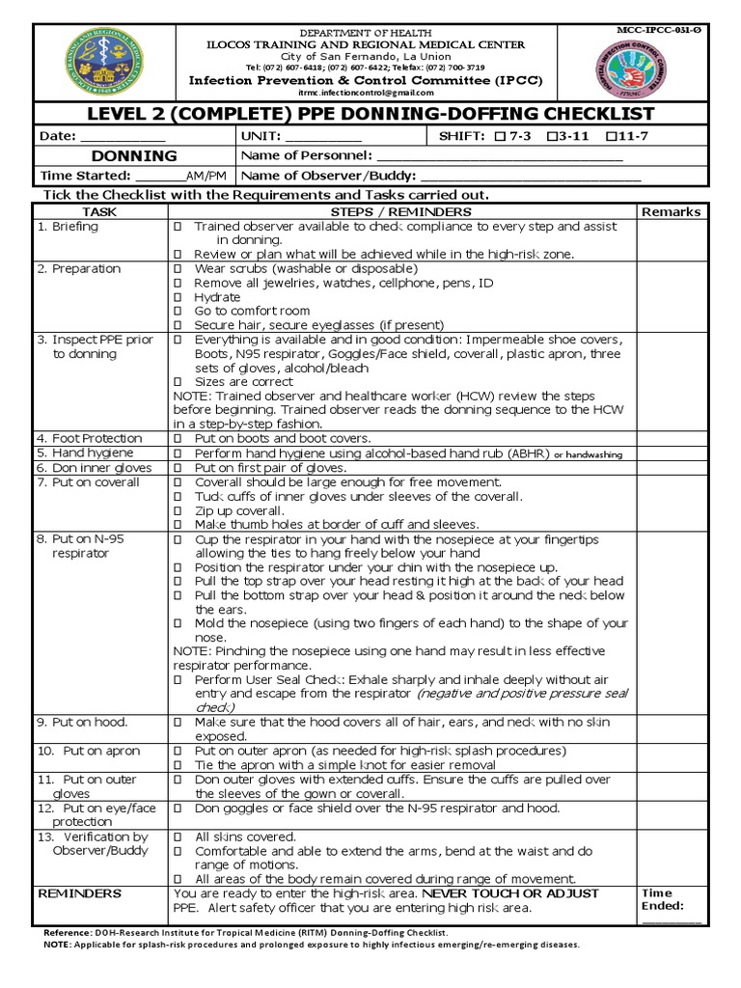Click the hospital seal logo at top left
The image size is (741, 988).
pos(101,62)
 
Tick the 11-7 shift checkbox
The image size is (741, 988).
pos(609,136)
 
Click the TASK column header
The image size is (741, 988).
pos(99,211)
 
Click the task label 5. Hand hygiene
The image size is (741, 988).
pos(82,453)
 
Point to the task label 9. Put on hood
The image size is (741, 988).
pos(82,722)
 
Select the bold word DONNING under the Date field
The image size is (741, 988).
pos(134,156)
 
